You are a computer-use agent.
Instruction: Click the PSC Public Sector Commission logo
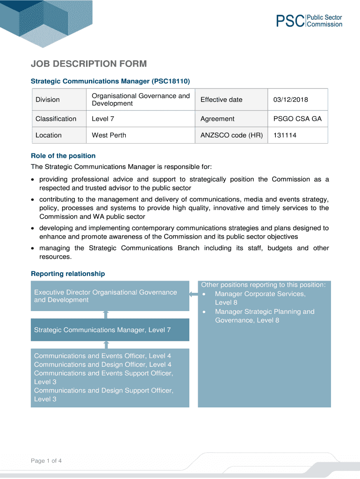tap(309, 21)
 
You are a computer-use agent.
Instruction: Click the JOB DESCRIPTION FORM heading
tap(89, 64)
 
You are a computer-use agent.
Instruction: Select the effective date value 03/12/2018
tap(291, 100)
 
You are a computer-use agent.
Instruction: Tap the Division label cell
tap(48, 100)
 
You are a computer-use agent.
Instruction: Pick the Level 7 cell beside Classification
tap(103, 119)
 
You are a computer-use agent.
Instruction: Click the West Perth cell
tap(109, 135)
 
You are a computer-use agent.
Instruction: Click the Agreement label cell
tap(217, 119)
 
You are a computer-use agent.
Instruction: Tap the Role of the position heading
tap(63, 156)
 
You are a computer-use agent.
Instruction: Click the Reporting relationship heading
tap(68, 274)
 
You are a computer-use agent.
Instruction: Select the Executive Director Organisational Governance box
tap(110, 296)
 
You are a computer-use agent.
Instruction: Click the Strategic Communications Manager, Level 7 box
tap(110, 330)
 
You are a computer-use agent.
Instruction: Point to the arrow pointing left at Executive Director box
tap(193, 294)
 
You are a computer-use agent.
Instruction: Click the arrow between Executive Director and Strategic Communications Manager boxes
tap(106, 314)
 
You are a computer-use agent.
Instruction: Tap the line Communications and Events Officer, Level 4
tap(103, 356)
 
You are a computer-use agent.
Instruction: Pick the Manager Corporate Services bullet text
tap(260, 294)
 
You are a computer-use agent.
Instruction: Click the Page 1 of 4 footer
tap(46, 461)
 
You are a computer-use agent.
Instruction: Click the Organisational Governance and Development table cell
tap(141, 100)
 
